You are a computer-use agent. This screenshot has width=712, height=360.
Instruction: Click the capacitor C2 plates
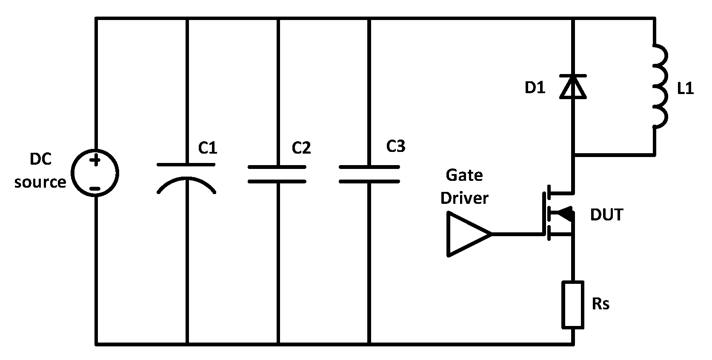pos(277,174)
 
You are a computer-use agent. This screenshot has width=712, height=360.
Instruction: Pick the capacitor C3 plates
pos(369,174)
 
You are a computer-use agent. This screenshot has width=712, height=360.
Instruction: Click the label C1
pos(208,148)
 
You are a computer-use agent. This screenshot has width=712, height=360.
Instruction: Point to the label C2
pos(301,148)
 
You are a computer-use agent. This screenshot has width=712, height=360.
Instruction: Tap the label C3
pos(395,146)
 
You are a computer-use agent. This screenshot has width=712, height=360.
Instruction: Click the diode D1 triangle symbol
pos(573,87)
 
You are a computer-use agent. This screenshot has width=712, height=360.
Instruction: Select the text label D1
pos(535,88)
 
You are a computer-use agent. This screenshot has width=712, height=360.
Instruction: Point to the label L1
pos(685,89)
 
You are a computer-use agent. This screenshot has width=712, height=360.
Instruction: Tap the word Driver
pos(464,198)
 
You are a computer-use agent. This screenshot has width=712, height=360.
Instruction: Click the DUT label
pos(606,215)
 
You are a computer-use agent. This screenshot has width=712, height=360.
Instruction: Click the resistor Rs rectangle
pos(573,304)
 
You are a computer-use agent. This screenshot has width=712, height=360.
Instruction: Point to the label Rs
pos(600,304)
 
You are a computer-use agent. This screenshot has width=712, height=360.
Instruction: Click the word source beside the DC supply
pos(40,182)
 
